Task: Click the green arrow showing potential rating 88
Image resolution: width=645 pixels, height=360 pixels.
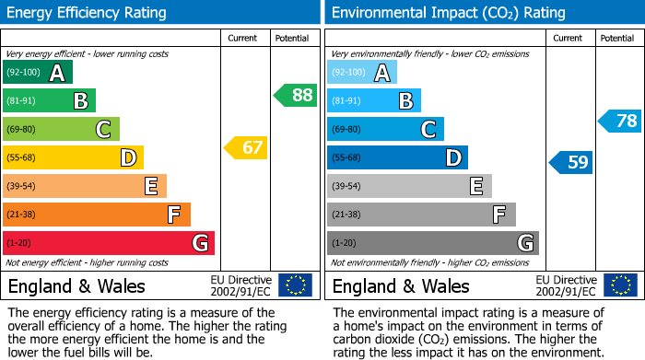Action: click(296, 95)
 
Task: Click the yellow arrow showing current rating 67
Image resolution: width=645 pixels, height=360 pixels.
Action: click(246, 147)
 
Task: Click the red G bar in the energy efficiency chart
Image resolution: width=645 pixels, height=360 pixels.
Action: click(108, 243)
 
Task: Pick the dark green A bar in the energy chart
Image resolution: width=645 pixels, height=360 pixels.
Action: click(37, 73)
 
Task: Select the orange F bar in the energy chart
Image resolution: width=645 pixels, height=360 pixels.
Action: click(96, 215)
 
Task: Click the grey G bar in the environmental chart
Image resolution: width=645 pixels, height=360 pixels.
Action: click(432, 243)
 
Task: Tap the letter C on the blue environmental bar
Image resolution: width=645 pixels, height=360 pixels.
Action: click(428, 130)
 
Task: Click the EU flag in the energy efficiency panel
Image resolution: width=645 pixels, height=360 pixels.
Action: click(295, 285)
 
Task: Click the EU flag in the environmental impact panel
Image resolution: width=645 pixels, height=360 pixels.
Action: click(620, 285)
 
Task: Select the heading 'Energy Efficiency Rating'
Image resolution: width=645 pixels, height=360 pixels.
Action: click(88, 13)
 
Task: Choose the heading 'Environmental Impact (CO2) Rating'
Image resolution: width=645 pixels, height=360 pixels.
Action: click(448, 13)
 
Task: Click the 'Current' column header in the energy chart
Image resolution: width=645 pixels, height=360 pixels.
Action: click(242, 38)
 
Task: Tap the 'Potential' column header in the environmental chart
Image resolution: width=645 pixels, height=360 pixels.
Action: click(616, 38)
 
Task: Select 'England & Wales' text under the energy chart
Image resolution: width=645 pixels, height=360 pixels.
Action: click(76, 286)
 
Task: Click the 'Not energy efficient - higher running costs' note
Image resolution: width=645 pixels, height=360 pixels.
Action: click(88, 262)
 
